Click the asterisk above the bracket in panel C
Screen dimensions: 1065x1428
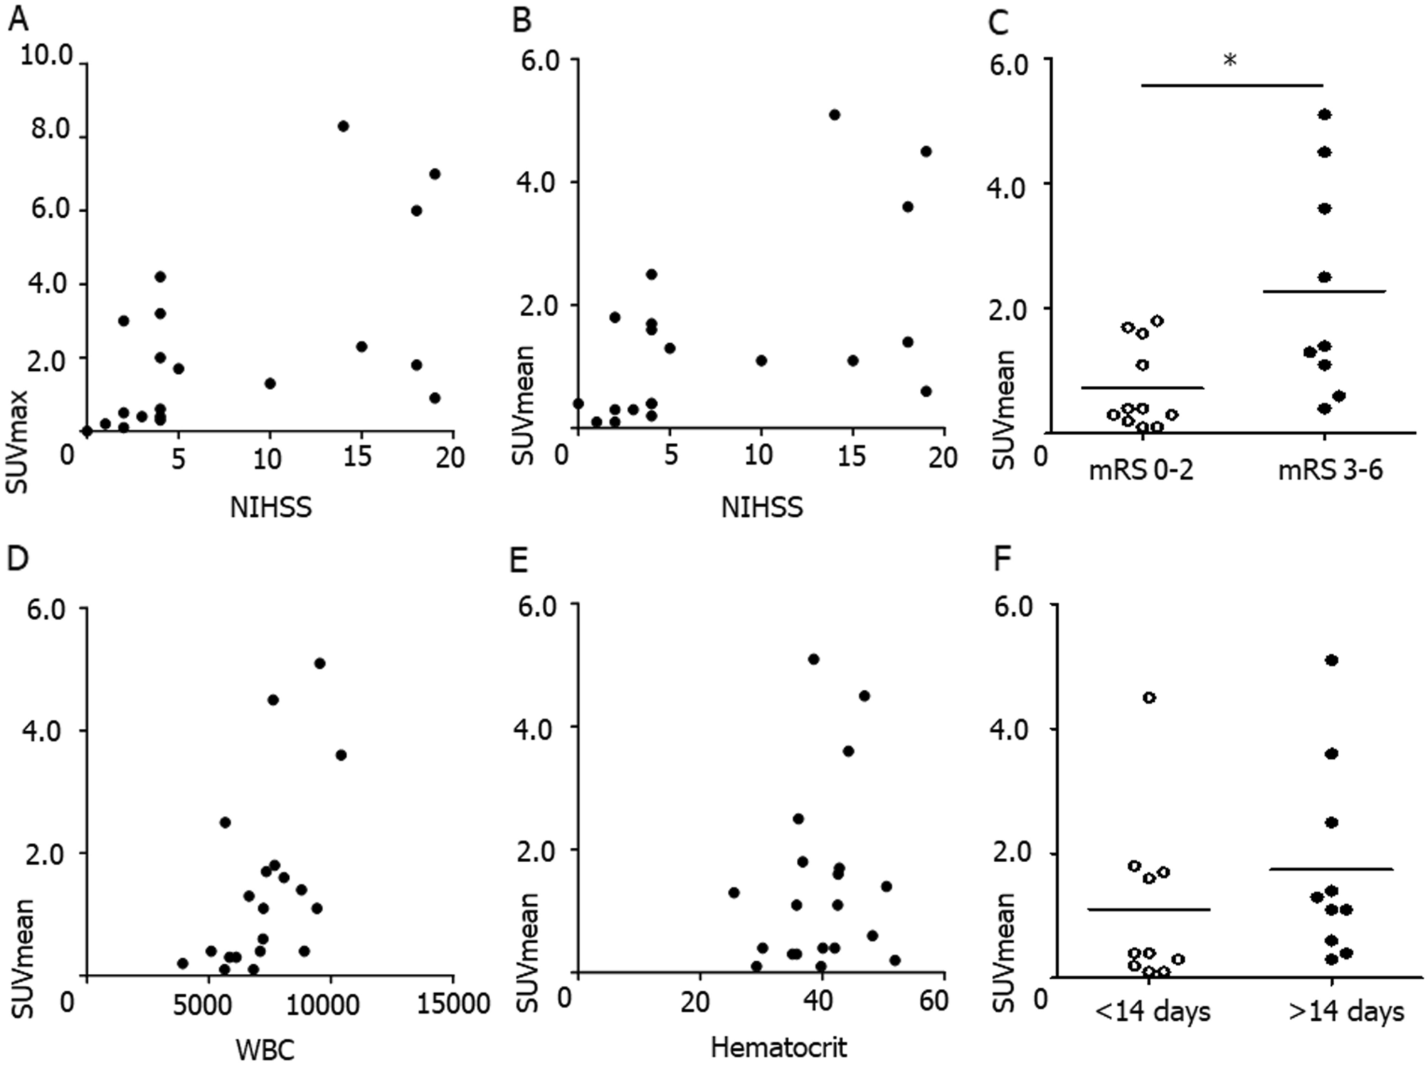pyautogui.click(x=1230, y=61)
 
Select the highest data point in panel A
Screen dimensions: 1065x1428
pyautogui.click(x=343, y=126)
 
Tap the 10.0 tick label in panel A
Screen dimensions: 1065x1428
pyautogui.click(x=47, y=56)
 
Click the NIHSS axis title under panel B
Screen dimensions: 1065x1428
pyautogui.click(x=762, y=508)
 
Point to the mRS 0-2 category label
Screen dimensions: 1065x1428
pyautogui.click(x=1141, y=471)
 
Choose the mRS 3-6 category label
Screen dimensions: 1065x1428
pyautogui.click(x=1331, y=471)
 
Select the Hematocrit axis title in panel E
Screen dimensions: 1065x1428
pyautogui.click(x=778, y=1047)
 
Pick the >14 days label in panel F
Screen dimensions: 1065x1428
pyautogui.click(x=1346, y=1011)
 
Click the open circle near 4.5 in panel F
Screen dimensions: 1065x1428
pyautogui.click(x=1149, y=698)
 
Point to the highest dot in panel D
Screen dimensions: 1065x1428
pyautogui.click(x=319, y=663)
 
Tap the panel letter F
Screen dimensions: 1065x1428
pyautogui.click(x=1002, y=560)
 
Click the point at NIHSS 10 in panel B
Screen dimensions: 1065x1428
pyautogui.click(x=761, y=360)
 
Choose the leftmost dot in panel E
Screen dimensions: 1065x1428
pyautogui.click(x=734, y=893)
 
